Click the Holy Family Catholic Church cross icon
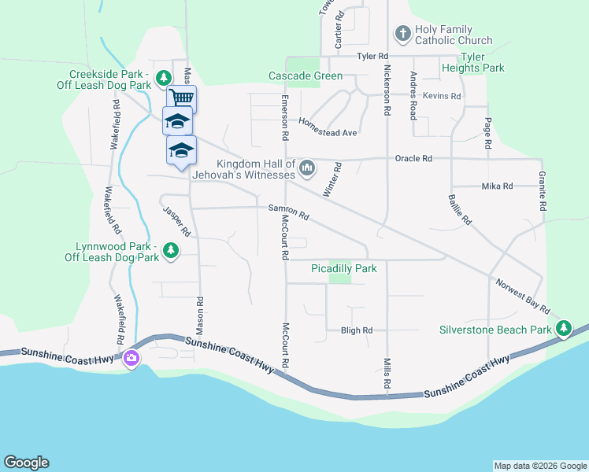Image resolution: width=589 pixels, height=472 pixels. pyautogui.click(x=402, y=34)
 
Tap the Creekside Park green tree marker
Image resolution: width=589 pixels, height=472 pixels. pyautogui.click(x=163, y=78)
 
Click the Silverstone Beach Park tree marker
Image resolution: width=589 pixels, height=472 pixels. pyautogui.click(x=564, y=330)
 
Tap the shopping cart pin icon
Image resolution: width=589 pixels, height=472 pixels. pyautogui.click(x=182, y=98)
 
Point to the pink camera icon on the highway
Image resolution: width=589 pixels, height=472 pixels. pyautogui.click(x=131, y=359)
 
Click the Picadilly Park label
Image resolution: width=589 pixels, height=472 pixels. pyautogui.click(x=343, y=269)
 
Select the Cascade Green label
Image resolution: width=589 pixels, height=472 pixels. pyautogui.click(x=306, y=76)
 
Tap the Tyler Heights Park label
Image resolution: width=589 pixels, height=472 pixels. pyautogui.click(x=483, y=62)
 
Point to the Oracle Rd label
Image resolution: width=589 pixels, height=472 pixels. pyautogui.click(x=416, y=158)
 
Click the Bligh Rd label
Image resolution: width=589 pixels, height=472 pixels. pyautogui.click(x=356, y=331)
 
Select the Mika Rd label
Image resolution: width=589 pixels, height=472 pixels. pyautogui.click(x=497, y=186)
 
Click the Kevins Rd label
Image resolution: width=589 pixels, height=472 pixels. pyautogui.click(x=441, y=96)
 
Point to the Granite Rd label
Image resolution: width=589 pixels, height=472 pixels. pyautogui.click(x=543, y=191)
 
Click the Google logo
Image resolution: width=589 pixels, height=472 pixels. pyautogui.click(x=26, y=463)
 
